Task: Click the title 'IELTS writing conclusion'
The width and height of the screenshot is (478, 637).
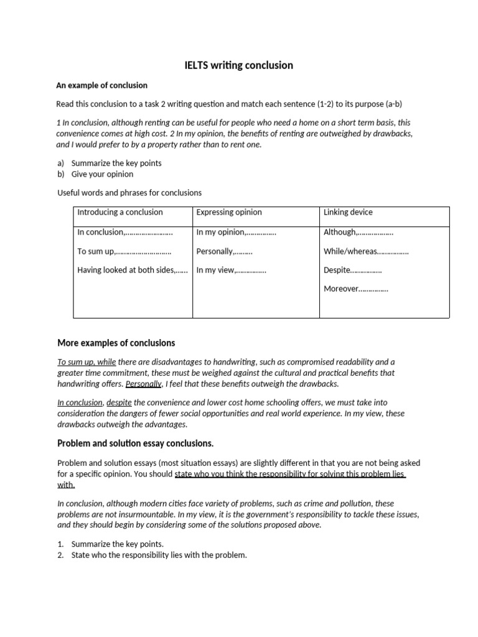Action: click(238, 65)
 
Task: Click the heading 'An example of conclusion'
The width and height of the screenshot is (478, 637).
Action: click(102, 85)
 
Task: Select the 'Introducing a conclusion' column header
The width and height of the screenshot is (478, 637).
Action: click(119, 212)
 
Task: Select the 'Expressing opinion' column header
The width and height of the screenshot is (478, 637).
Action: click(229, 212)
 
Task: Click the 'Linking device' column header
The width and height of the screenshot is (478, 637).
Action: click(348, 212)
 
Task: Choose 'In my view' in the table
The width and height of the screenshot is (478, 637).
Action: click(215, 270)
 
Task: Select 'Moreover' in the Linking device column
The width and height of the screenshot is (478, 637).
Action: click(340, 289)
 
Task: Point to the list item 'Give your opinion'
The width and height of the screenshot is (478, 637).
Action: click(102, 174)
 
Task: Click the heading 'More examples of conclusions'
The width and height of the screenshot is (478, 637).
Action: click(116, 343)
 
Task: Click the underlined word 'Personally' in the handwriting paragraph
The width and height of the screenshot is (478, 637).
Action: click(143, 384)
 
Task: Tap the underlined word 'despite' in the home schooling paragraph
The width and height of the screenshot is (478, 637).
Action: click(119, 402)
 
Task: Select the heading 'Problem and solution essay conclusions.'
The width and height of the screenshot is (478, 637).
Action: click(135, 444)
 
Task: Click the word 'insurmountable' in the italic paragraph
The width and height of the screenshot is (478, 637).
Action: click(146, 514)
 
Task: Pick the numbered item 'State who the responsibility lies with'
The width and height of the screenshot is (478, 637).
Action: click(159, 555)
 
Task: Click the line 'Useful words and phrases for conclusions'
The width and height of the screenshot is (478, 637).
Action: click(129, 193)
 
